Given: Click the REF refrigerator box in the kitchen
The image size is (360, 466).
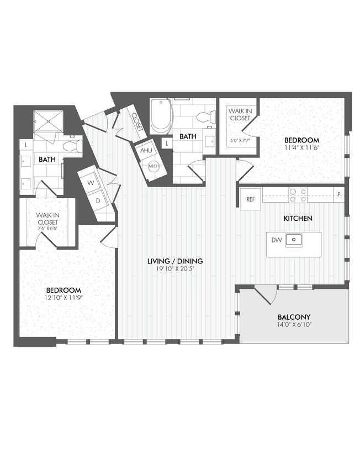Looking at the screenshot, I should click(250, 199).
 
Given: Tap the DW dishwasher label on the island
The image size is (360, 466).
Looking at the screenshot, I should click(276, 240).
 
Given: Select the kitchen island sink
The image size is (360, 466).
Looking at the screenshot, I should click(294, 240).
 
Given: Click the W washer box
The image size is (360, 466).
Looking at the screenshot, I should click(91, 181).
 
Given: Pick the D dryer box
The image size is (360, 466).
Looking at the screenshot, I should click(98, 200).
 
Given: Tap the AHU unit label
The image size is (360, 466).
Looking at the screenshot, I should click(146, 151).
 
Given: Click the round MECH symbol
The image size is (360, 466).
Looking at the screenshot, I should click(153, 166).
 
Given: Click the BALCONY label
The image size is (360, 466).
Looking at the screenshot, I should click(294, 317).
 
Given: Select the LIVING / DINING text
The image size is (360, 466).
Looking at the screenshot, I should click(175, 261).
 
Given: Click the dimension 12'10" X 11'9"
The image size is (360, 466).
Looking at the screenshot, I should click(63, 298).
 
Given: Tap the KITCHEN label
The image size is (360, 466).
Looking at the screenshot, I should click(298, 219).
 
